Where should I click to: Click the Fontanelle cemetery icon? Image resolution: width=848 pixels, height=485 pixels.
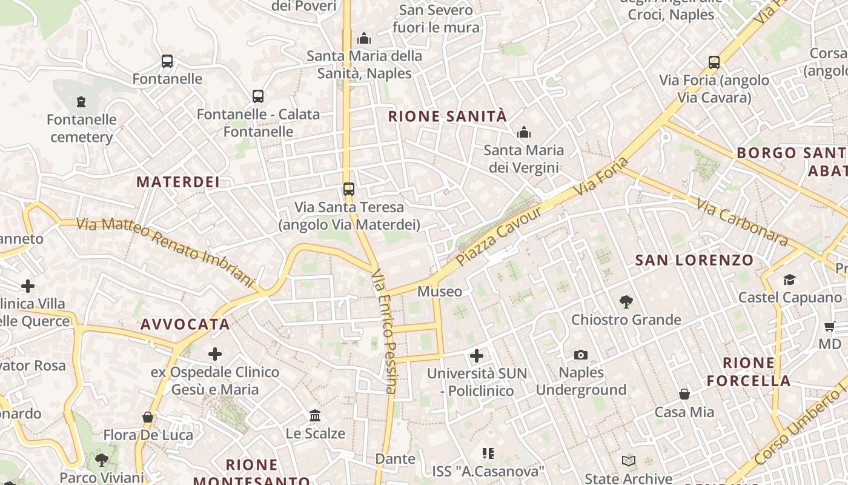[x=81, y=102]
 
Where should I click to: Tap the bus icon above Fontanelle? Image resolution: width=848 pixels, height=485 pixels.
[x=167, y=61]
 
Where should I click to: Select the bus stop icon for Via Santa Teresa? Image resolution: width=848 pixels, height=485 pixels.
[x=348, y=189]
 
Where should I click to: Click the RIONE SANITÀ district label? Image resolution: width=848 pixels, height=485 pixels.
[x=447, y=116]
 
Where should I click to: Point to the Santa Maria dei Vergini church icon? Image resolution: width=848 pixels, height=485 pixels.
[x=524, y=132]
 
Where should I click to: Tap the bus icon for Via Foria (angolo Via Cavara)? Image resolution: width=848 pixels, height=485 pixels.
[x=714, y=62]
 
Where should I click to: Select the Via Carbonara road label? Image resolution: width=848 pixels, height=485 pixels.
[x=742, y=222]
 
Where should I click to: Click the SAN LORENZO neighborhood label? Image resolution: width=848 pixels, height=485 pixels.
[x=694, y=261]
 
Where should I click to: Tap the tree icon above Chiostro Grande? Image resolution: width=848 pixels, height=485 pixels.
[x=626, y=301]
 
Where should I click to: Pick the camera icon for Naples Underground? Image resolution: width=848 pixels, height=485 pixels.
[x=581, y=355]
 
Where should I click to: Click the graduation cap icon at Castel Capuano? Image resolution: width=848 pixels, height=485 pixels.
[x=789, y=279]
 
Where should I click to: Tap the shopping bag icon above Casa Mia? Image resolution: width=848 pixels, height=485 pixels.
[x=684, y=394]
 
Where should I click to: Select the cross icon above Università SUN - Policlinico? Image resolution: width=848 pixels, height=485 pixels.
[x=477, y=355]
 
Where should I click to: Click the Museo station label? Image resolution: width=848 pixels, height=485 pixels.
[x=440, y=292]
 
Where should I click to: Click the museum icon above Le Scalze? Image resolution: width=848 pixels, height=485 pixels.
[x=315, y=416]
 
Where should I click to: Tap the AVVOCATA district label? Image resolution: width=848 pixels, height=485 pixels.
[x=185, y=324]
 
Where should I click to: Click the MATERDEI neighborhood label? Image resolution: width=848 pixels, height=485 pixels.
[x=177, y=182]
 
